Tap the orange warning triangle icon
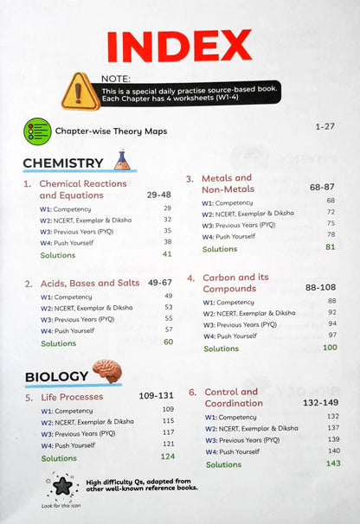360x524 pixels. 86,89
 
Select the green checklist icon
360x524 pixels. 37,131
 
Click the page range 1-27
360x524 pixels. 325,126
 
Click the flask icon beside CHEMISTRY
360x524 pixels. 122,160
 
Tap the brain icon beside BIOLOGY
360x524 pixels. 106,372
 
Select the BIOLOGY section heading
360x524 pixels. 56,377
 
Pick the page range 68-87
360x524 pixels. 316,186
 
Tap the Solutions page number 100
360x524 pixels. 329,348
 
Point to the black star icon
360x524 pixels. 62,486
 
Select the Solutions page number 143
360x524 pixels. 332,463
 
